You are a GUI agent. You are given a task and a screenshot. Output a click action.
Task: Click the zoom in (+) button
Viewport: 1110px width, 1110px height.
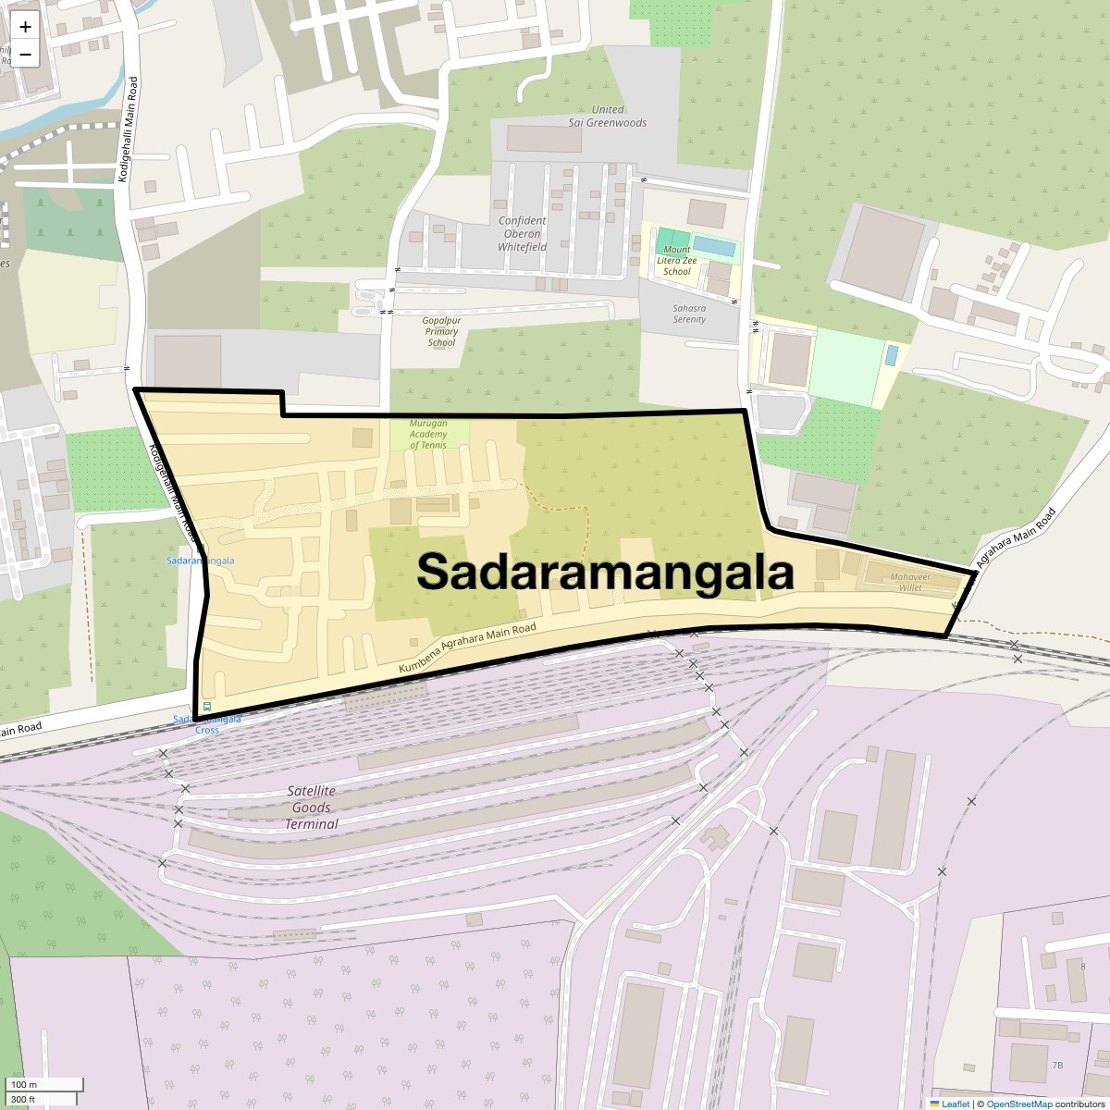25,27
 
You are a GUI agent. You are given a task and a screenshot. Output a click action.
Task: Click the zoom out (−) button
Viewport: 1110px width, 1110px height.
25,54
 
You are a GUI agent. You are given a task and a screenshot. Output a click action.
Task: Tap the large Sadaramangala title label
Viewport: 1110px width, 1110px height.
605,572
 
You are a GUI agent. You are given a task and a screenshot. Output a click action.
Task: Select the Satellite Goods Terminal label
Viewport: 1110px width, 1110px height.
311,808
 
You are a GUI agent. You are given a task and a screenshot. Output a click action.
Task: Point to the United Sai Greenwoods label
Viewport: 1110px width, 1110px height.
608,116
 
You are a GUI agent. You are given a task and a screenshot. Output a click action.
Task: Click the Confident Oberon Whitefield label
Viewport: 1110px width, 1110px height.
522,234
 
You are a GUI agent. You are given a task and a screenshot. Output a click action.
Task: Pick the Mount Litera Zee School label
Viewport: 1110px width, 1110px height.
676,260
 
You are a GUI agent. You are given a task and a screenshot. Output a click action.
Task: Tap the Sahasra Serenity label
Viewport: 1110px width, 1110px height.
689,314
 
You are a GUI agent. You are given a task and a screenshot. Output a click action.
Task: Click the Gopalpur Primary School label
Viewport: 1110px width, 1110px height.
441,331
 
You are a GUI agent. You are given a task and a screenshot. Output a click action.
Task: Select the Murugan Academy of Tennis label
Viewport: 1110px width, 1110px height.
428,434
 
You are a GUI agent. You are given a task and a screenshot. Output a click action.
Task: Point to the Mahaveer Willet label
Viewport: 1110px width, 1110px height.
909,582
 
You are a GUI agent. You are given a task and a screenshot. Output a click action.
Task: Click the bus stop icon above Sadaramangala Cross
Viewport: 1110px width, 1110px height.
207,707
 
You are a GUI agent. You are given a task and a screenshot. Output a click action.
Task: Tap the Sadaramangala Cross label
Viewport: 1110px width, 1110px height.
207,724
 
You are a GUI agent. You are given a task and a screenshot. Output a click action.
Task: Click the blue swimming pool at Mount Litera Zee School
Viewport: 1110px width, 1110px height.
715,247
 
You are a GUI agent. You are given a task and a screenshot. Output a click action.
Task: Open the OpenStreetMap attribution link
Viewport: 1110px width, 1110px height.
1018,1104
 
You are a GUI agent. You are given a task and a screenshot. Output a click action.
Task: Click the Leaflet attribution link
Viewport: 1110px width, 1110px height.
955,1104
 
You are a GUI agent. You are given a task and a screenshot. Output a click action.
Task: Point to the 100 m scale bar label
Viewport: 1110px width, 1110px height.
24,1084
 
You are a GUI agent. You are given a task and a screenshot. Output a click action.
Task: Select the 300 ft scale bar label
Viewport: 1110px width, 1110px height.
24,1099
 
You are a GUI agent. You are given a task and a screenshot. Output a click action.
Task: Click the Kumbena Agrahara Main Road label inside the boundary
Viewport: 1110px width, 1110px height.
468,647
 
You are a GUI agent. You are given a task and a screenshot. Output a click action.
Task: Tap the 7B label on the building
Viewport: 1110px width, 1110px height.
1057,1066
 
